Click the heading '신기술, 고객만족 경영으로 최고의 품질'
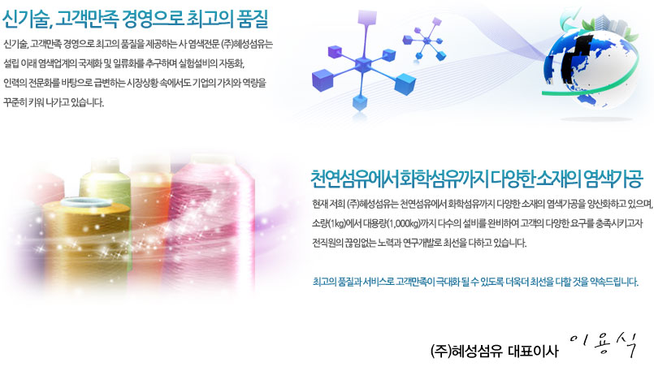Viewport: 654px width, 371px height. coord(135,19)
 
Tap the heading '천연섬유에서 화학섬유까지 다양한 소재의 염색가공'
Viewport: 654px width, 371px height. coord(477,179)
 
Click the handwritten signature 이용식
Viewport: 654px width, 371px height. coord(603,345)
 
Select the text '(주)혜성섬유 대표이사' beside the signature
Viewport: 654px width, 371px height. coord(494,351)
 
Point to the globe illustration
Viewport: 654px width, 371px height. coord(590,63)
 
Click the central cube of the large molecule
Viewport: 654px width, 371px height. coord(362,65)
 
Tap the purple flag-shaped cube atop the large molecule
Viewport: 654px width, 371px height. coord(367,18)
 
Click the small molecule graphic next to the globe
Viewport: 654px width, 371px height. coord(425,39)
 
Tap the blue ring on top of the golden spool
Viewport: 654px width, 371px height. coord(86,203)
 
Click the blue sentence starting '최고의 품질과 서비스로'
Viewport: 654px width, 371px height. coord(475,283)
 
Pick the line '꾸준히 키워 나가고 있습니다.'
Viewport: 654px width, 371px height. coord(54,102)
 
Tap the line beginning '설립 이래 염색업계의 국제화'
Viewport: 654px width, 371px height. coord(123,64)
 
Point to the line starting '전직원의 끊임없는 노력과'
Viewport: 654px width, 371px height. coord(419,243)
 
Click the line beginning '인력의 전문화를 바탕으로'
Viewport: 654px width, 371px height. coord(134,84)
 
